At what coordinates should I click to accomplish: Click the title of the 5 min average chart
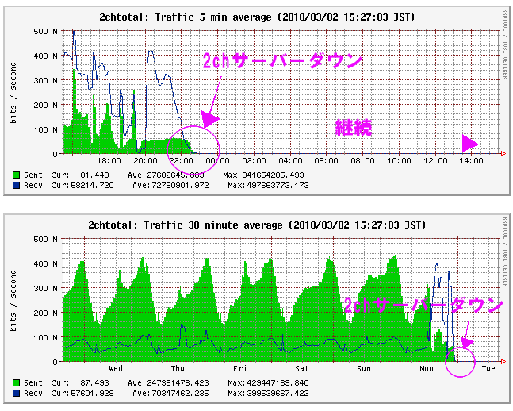click(x=256, y=16)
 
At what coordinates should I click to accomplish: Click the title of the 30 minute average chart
click(x=256, y=226)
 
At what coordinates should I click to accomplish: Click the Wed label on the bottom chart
click(x=115, y=368)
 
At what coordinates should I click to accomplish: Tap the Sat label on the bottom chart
click(x=302, y=368)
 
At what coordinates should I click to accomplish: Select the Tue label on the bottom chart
click(x=488, y=368)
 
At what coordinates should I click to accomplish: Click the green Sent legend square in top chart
click(x=17, y=174)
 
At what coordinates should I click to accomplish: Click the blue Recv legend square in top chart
click(x=17, y=185)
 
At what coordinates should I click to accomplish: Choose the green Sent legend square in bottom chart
click(x=17, y=382)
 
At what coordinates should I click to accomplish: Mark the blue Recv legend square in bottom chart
click(x=17, y=393)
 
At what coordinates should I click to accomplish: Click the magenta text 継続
click(x=354, y=127)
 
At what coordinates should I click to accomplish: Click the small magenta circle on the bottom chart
click(x=460, y=361)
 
